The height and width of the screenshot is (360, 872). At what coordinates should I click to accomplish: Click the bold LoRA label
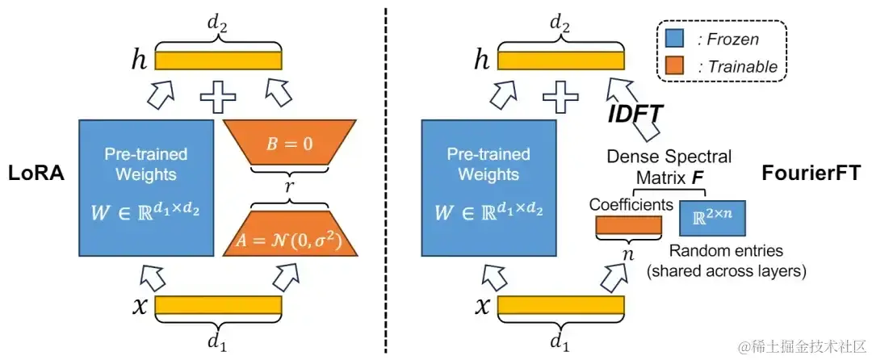(36, 174)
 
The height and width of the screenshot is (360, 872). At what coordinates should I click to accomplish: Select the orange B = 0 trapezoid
(288, 147)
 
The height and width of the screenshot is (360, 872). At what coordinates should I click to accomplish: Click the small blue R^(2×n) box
(711, 218)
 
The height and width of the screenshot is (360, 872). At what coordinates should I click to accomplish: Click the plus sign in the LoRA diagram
(217, 98)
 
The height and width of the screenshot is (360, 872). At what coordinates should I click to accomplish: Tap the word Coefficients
(631, 205)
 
